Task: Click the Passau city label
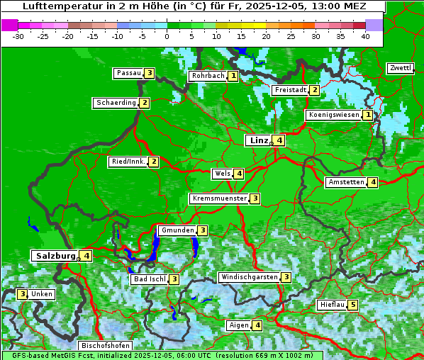tap(129, 73)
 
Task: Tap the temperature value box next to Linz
tap(280, 140)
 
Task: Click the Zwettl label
tap(400, 68)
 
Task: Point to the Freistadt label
tap(290, 90)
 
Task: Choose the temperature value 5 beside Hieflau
tap(353, 305)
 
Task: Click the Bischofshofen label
tap(105, 346)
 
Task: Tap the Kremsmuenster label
tap(219, 198)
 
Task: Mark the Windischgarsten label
tap(248, 277)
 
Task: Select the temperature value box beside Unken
tap(23, 294)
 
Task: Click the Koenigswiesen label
tap(333, 115)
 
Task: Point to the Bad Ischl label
tap(149, 279)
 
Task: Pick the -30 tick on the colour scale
tap(18, 36)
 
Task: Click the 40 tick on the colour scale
tap(365, 36)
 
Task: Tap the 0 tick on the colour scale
tap(167, 36)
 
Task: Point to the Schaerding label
tap(116, 103)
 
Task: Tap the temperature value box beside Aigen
tap(257, 325)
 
